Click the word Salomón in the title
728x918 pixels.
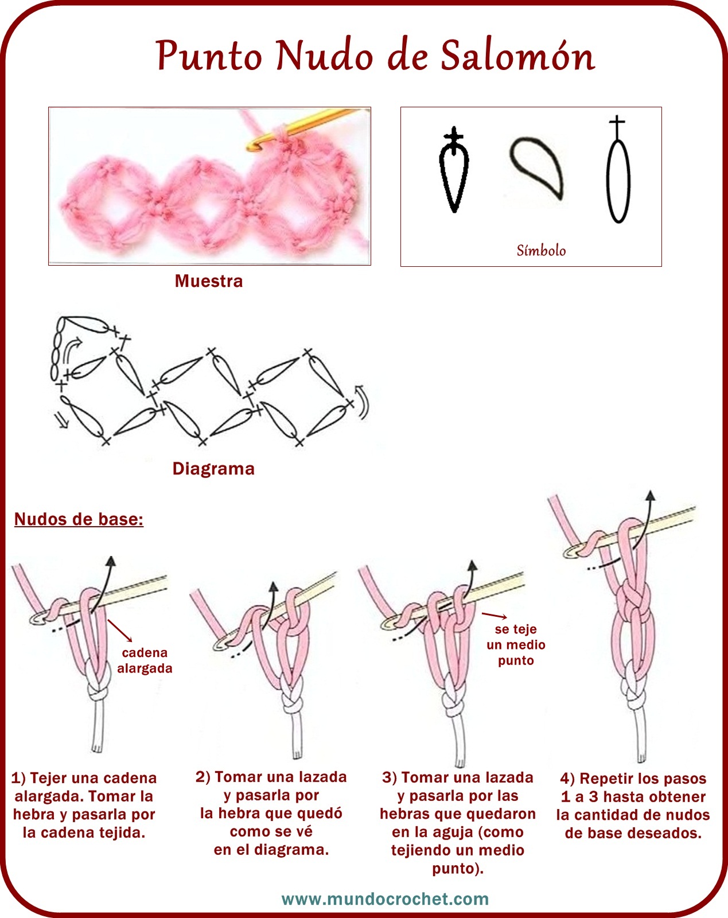pyautogui.click(x=517, y=56)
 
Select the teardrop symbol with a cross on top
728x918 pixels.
pyautogui.click(x=454, y=169)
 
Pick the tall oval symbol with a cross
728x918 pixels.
pyautogui.click(x=618, y=169)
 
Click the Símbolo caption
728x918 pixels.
pyautogui.click(x=541, y=250)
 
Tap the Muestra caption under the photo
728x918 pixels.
pyautogui.click(x=209, y=281)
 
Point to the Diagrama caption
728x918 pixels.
pyautogui.click(x=213, y=469)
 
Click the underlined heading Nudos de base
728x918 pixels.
pyautogui.click(x=79, y=519)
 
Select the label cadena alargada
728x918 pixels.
pyautogui.click(x=145, y=660)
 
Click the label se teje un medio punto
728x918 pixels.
pyautogui.click(x=516, y=644)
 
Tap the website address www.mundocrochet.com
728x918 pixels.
pyautogui.click(x=385, y=899)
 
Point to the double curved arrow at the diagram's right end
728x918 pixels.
pyautogui.click(x=361, y=402)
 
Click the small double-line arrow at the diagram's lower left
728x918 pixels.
pyautogui.click(x=63, y=421)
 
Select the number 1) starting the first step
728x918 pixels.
pyautogui.click(x=18, y=778)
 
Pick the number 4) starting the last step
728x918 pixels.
pyautogui.click(x=567, y=779)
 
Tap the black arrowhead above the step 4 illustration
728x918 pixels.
pyautogui.click(x=651, y=495)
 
